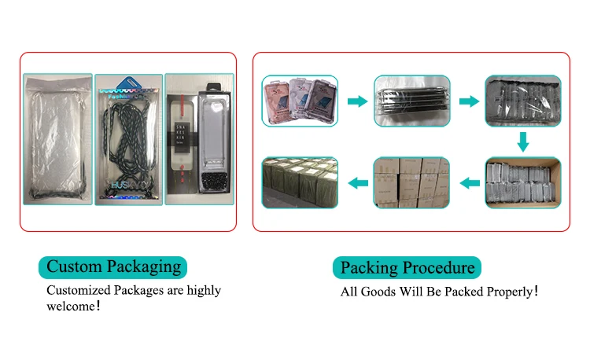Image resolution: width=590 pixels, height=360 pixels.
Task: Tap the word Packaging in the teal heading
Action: pos(143,267)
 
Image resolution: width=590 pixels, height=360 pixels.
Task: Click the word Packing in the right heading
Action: pos(370,268)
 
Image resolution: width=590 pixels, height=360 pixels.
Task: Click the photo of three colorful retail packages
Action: pos(300,101)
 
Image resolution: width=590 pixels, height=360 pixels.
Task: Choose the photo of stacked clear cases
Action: pos(410,101)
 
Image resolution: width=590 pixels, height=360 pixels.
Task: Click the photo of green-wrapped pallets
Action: pos(300,183)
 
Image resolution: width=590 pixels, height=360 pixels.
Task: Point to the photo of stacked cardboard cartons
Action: pos(411,183)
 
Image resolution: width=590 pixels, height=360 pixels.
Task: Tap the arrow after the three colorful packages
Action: pos(358,101)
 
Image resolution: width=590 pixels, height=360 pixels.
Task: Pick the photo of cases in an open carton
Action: pos(522,183)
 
